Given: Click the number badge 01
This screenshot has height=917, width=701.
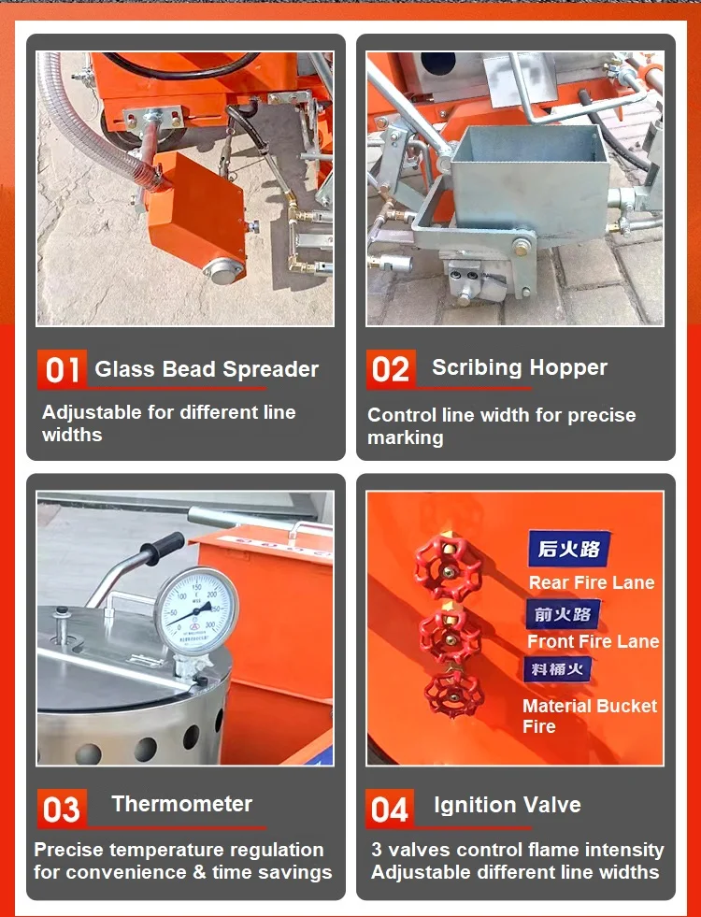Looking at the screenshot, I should (x=63, y=370).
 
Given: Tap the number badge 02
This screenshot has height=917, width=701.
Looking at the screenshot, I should (x=391, y=369).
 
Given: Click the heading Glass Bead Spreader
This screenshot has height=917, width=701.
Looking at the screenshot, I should (x=207, y=369).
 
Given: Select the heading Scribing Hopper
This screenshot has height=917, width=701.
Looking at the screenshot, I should (x=520, y=367).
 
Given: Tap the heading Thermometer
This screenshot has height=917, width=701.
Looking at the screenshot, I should (x=181, y=804).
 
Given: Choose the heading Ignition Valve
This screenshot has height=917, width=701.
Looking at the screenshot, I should (x=508, y=805).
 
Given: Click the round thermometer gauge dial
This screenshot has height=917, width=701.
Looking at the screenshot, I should (x=195, y=610).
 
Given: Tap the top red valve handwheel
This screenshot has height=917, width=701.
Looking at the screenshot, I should (x=448, y=568).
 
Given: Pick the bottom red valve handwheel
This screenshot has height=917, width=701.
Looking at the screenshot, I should (x=452, y=694).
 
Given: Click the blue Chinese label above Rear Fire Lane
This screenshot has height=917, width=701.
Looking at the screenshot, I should (x=568, y=550).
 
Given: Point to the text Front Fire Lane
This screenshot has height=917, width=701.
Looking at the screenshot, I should (x=593, y=641).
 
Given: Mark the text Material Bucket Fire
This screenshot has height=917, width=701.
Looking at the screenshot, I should (x=589, y=716).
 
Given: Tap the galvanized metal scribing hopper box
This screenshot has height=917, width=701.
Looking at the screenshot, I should (x=528, y=181).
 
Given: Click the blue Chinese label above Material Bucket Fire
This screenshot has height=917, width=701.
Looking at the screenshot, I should (x=557, y=669).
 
